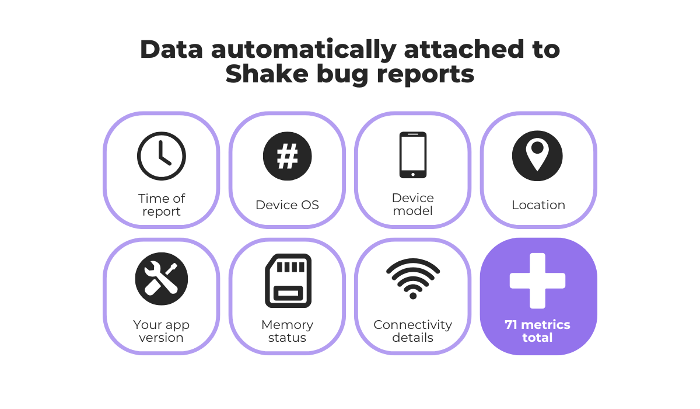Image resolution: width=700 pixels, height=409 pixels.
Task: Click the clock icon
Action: (x=162, y=156)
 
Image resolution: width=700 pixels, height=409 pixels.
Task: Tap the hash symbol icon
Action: (x=287, y=156)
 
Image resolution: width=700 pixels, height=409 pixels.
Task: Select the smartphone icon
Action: (x=413, y=155)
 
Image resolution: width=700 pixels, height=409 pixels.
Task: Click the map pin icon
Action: (x=537, y=155)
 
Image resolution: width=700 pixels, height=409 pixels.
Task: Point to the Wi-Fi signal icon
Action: (x=413, y=279)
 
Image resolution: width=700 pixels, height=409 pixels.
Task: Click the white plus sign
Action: (x=537, y=280)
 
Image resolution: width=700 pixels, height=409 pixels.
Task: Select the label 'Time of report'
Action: (x=162, y=204)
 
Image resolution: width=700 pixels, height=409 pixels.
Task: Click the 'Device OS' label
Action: (x=287, y=205)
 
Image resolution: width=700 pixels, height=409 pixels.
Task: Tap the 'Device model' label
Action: (x=413, y=204)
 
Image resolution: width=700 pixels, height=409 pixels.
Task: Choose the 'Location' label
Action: (x=538, y=205)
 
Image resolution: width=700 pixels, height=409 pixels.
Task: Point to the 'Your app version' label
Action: (x=162, y=331)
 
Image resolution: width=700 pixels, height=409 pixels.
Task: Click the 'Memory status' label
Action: (x=287, y=331)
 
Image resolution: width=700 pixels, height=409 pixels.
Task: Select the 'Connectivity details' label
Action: (x=413, y=331)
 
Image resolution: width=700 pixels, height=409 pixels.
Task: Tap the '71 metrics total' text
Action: (x=537, y=331)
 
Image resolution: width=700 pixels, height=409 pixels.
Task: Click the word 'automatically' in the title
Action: (x=302, y=50)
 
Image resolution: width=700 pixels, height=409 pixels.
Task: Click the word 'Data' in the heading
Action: (x=170, y=50)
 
